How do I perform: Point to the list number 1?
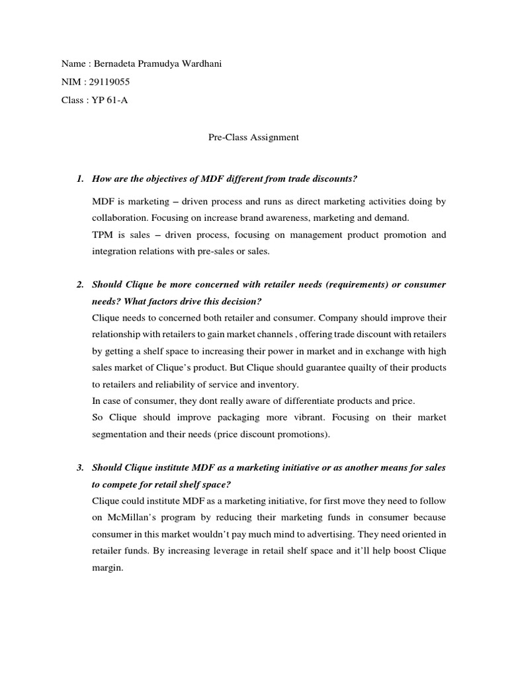tap(79, 179)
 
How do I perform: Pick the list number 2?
tap(79, 284)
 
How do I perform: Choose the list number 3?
tap(79, 467)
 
